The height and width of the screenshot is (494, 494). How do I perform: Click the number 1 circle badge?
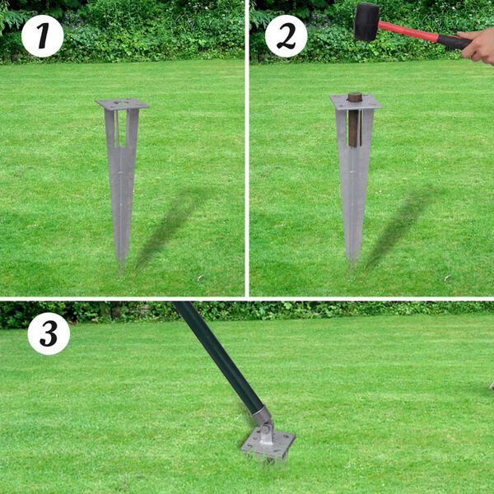click(42, 36)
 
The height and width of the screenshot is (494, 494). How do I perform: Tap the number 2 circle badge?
click(286, 36)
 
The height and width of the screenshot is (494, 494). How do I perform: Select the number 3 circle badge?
click(49, 333)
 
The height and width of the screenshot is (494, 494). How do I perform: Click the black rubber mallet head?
click(366, 21)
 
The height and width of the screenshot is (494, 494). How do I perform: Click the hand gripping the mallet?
click(481, 46)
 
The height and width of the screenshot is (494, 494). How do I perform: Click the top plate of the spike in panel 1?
click(122, 105)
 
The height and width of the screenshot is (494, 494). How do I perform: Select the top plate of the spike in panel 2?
click(356, 102)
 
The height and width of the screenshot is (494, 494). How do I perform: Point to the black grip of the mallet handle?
click(453, 41)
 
